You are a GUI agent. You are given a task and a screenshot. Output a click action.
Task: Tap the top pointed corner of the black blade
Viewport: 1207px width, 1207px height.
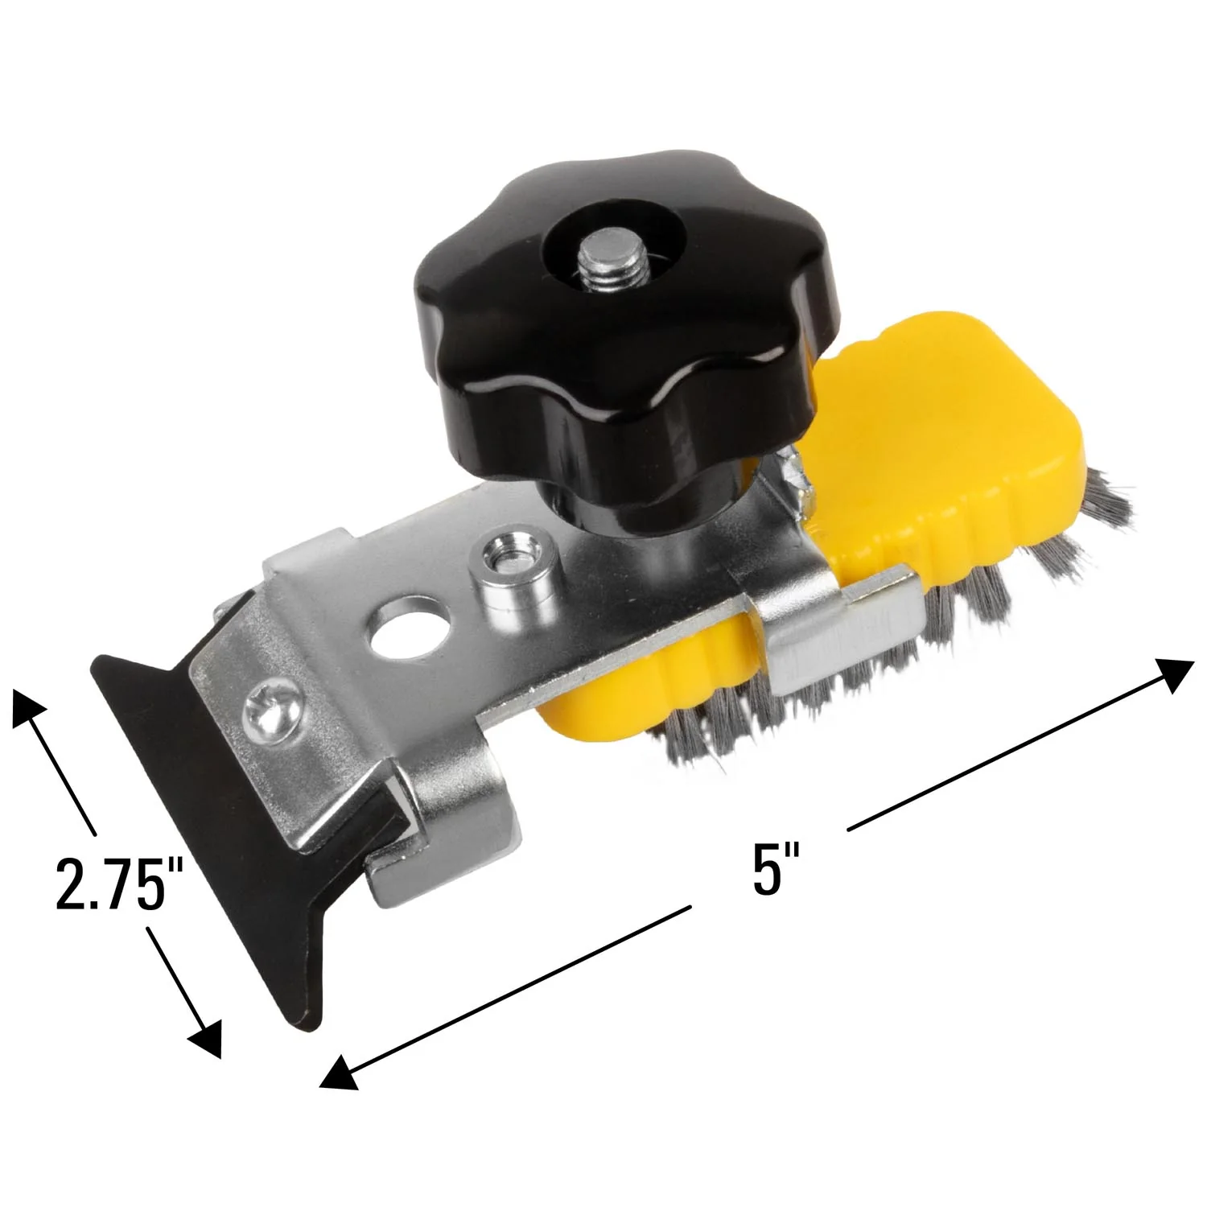point(101,664)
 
